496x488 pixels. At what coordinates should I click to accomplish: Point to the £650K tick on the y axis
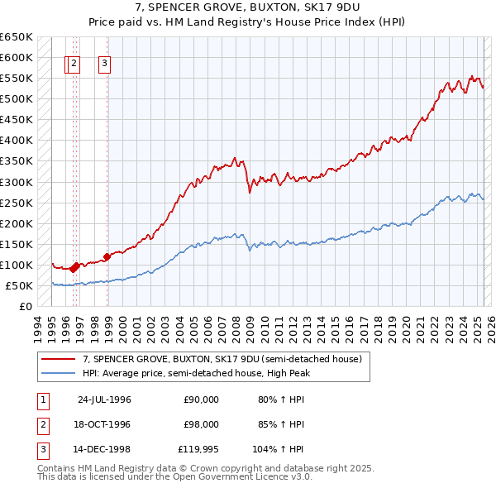click(16, 37)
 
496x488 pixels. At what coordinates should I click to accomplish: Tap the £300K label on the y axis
click(16, 182)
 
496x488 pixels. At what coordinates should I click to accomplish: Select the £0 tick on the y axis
click(26, 307)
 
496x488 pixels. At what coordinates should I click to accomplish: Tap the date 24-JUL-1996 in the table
click(104, 399)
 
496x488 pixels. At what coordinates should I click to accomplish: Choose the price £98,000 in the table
click(201, 424)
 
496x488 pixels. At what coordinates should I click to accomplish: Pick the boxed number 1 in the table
click(41, 399)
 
